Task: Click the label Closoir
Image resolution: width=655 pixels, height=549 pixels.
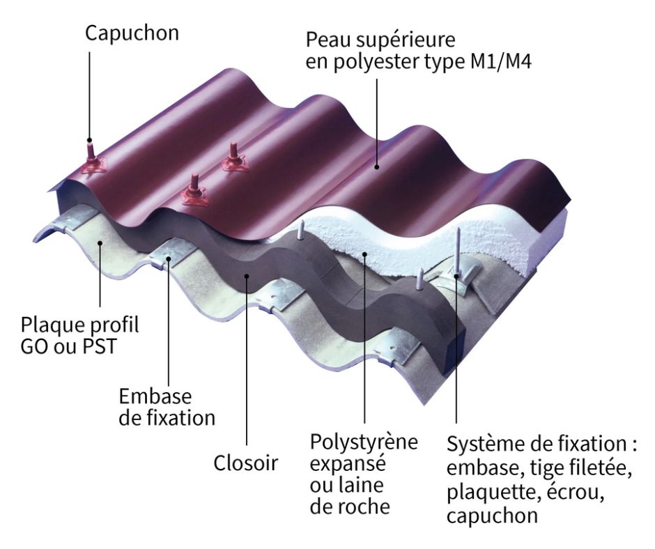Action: [x=245, y=463]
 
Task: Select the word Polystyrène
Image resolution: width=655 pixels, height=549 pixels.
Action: [x=364, y=442]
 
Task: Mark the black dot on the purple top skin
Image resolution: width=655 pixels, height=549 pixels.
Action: [x=377, y=167]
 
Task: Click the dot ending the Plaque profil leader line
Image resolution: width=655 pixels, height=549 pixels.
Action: [x=100, y=244]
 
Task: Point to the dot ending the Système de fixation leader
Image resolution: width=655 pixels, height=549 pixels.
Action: [x=457, y=277]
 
